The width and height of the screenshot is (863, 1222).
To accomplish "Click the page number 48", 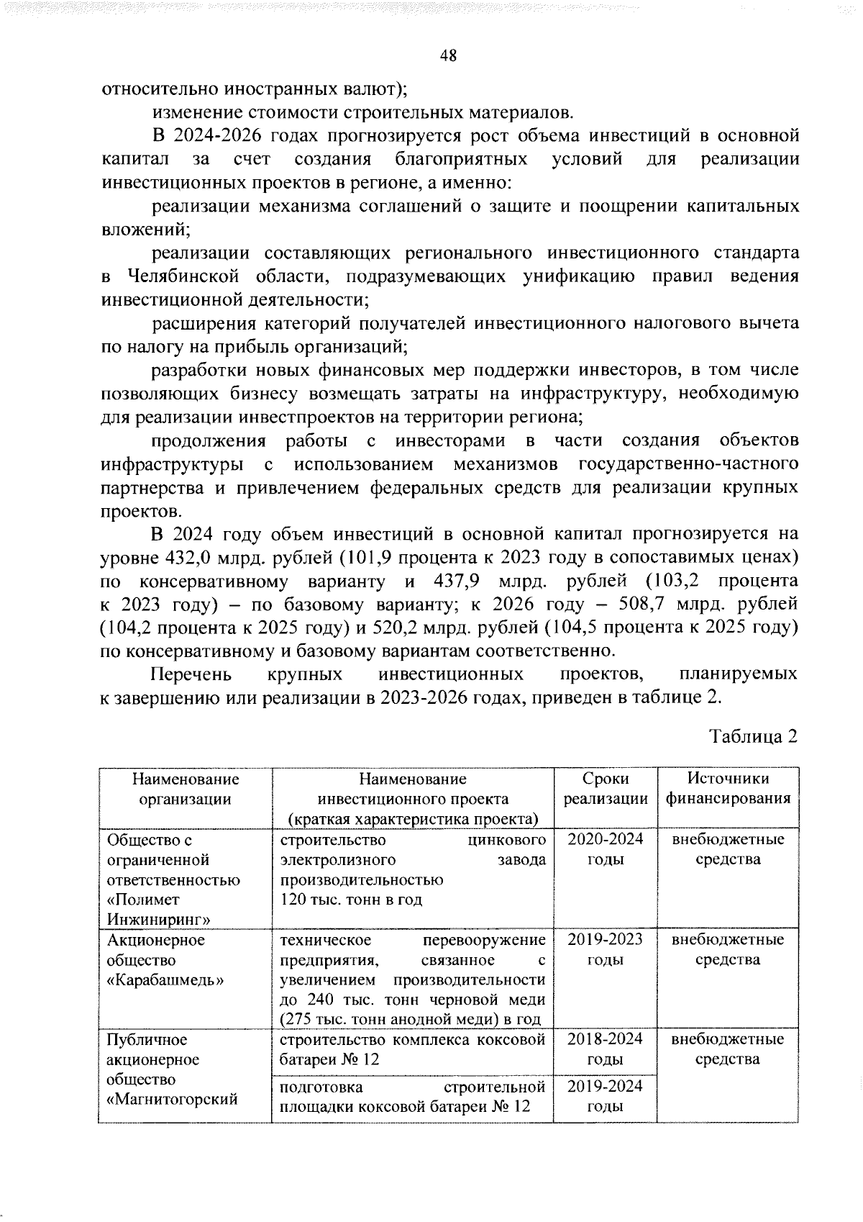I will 447,57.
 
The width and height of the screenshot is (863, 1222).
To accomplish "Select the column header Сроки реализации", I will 605,789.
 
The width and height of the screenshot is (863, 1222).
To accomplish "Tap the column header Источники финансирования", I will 728,789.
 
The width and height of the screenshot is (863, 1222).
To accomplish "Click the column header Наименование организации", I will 185,789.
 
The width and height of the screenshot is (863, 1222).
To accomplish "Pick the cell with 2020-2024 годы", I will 605,849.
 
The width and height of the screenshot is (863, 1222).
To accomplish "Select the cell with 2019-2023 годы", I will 605,949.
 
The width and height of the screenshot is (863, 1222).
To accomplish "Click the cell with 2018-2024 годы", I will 605,1049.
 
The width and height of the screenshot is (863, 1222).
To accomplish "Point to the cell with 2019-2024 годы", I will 605,1096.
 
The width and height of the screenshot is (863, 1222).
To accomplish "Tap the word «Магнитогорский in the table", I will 172,1100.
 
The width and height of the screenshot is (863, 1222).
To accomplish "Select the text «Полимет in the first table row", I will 143,900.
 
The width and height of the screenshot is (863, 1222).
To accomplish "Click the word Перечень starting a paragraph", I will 191,674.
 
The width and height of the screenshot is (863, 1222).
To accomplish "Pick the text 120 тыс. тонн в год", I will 351,900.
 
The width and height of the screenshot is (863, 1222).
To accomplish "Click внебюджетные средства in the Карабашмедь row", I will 728,949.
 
